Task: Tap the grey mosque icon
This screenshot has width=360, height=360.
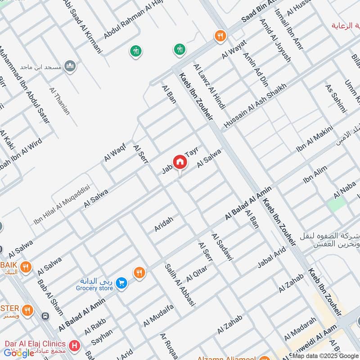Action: coord(70,67)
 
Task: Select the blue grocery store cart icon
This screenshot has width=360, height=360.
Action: coord(121,283)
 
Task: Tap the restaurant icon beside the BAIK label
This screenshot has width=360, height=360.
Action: coord(26,267)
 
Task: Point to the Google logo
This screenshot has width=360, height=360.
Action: coord(19,353)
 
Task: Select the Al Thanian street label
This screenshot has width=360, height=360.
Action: coord(60,101)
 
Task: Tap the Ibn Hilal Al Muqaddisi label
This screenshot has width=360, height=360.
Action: coord(62,205)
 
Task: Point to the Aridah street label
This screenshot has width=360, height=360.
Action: coord(163,223)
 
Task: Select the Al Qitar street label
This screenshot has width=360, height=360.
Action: coord(196,273)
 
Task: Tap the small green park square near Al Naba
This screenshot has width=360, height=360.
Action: coord(337,205)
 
